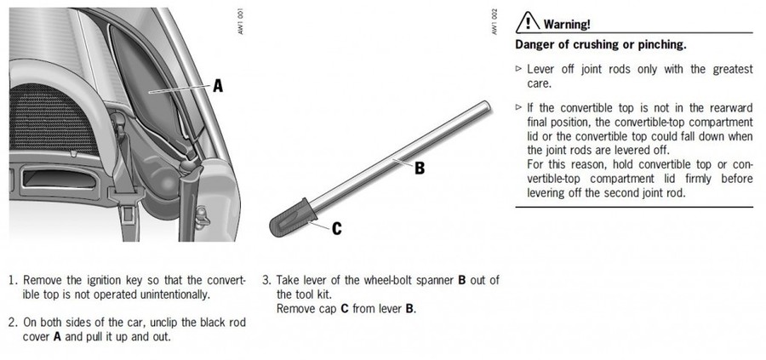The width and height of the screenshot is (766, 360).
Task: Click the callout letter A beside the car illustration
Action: point(218,85)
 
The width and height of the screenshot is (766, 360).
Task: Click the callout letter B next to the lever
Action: point(419,168)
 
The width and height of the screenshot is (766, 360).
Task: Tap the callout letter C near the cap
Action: point(337,228)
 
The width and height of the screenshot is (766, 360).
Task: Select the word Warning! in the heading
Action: point(567,24)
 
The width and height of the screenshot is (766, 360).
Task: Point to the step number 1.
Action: point(12,280)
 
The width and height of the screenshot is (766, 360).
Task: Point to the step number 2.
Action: point(12,323)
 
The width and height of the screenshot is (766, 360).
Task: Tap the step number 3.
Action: point(266,280)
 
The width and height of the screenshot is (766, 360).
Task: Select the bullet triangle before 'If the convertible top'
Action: point(519,108)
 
